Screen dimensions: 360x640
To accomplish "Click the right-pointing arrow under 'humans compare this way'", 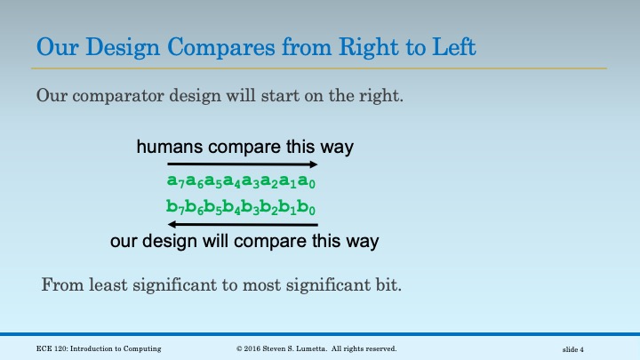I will (x=242, y=164).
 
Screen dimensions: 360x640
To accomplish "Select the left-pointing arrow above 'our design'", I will (x=242, y=225).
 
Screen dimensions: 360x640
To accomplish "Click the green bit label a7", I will (x=174, y=181).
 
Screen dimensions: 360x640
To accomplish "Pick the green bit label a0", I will (x=308, y=181).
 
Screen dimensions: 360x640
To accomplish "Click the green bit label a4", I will (x=232, y=181).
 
